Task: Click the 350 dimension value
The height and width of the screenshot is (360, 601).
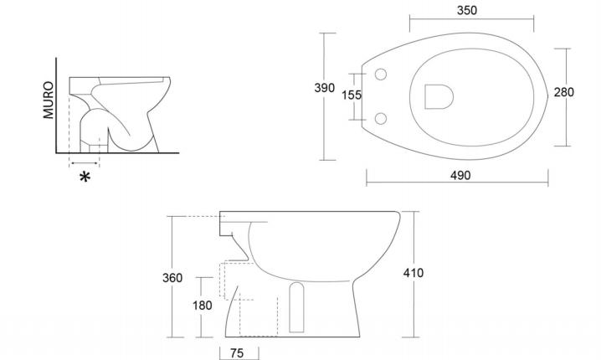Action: click(x=467, y=10)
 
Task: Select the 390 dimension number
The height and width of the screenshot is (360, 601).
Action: click(x=324, y=88)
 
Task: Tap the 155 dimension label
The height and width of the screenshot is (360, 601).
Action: click(x=352, y=95)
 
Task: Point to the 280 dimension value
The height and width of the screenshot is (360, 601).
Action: click(x=564, y=92)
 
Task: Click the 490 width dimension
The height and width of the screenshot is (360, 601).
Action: click(x=460, y=175)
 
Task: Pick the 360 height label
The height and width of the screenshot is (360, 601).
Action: click(x=172, y=278)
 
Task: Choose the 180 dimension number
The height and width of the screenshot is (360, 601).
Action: click(x=202, y=306)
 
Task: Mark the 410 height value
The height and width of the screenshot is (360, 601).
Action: click(x=414, y=273)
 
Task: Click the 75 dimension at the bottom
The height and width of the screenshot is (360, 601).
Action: click(x=237, y=353)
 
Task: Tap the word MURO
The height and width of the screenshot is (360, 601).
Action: click(x=49, y=100)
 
